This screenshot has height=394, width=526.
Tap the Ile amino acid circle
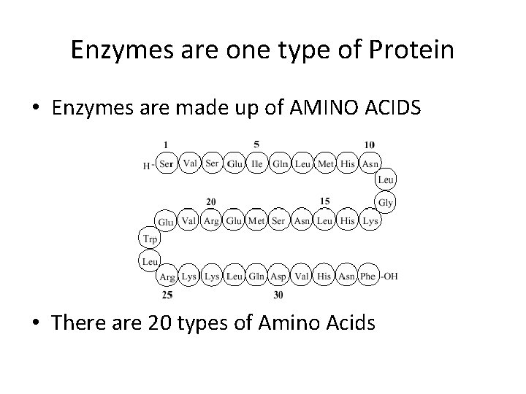coord(257,164)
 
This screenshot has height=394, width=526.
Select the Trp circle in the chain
coord(148,238)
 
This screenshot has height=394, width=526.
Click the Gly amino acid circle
coord(386,202)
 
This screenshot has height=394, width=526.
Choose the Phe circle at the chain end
coord(368,277)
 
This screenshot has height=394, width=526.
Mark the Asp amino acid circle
coord(279,277)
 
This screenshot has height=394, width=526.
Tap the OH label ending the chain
coord(390,277)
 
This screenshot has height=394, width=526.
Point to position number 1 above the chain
coord(167,144)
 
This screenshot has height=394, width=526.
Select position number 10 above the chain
coord(370,144)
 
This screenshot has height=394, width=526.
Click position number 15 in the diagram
coord(324,201)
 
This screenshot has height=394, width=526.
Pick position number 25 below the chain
coord(167,295)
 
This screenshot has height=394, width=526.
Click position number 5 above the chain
coord(256,143)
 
